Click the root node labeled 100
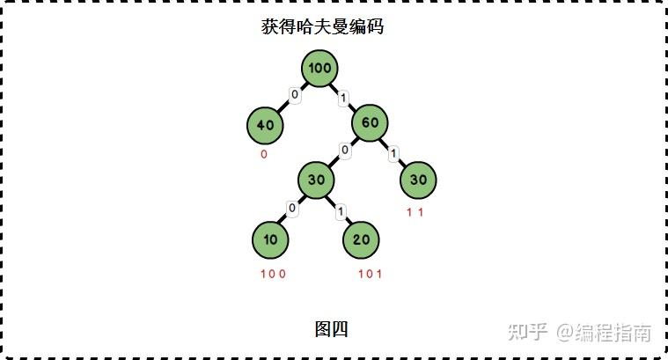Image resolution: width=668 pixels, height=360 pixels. [x=321, y=69]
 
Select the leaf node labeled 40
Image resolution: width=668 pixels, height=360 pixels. [x=265, y=125]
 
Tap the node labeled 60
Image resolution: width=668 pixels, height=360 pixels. [x=370, y=123]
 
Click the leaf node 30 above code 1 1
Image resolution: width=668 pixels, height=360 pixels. [x=418, y=180]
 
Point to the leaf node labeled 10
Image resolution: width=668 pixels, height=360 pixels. [x=270, y=239]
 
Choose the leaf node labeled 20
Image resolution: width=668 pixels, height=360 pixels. [x=361, y=239]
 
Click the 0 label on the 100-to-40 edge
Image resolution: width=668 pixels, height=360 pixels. [x=296, y=95]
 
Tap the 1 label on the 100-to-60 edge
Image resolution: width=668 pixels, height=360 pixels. [x=343, y=97]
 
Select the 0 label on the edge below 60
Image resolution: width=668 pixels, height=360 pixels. [x=345, y=151]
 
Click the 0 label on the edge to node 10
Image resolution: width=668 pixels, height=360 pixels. [x=292, y=209]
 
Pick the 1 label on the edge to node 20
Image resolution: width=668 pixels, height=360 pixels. [x=340, y=210]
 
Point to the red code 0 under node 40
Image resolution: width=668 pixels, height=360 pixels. [x=264, y=154]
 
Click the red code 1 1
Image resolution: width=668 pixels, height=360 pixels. [x=415, y=212]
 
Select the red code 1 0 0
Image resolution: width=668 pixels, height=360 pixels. [x=273, y=273]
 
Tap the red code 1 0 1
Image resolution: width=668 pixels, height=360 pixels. [x=370, y=273]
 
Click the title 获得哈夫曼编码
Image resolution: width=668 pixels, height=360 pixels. [x=322, y=27]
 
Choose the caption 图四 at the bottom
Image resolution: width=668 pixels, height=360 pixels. [x=331, y=329]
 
